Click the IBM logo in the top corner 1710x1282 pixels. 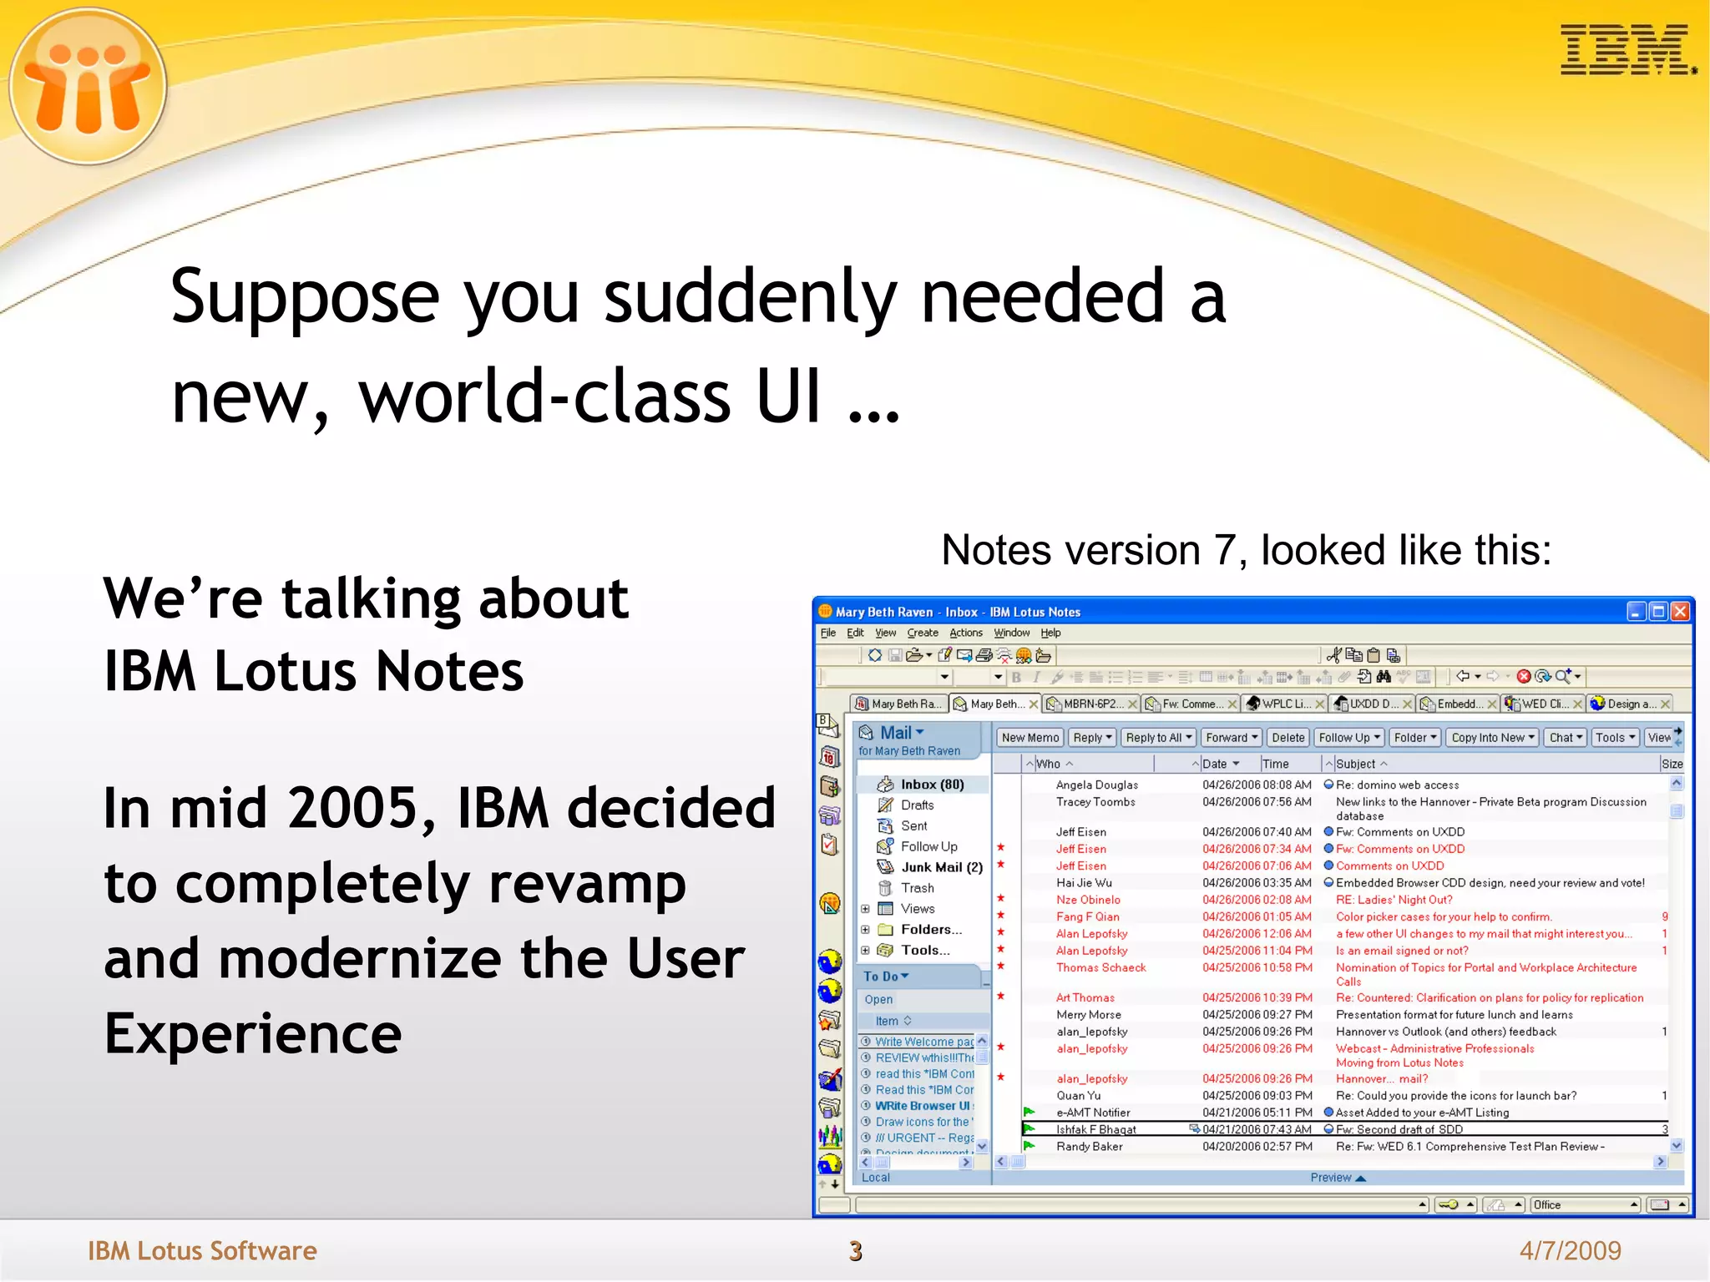1627,50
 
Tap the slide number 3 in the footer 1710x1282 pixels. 855,1250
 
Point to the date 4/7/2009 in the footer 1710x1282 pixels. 1570,1250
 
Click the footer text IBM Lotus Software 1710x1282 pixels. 202,1250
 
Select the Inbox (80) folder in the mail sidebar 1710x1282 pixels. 931,785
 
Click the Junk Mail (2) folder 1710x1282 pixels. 941,867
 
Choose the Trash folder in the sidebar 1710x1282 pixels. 917,888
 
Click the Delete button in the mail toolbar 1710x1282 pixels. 1288,738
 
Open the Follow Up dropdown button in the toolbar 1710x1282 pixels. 1348,738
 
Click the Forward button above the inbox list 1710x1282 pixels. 1231,738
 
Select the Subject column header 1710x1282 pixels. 1356,764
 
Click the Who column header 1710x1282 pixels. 1049,764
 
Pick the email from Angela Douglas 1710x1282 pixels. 1096,785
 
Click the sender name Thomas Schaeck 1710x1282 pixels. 1100,967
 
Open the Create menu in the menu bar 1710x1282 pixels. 923,633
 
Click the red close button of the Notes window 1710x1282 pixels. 1680,612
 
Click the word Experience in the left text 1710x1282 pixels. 253,1033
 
